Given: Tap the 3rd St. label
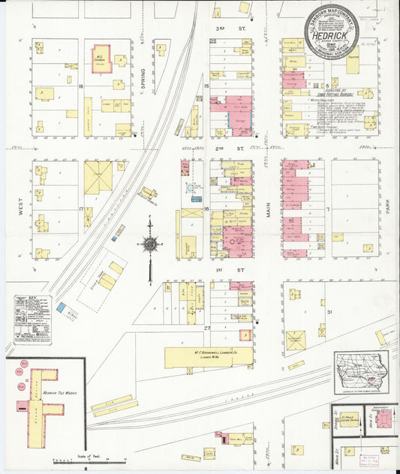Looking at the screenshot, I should pos(221,28).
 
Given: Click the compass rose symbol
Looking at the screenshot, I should pos(149,244).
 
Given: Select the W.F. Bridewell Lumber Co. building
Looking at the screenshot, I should pos(198,356).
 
